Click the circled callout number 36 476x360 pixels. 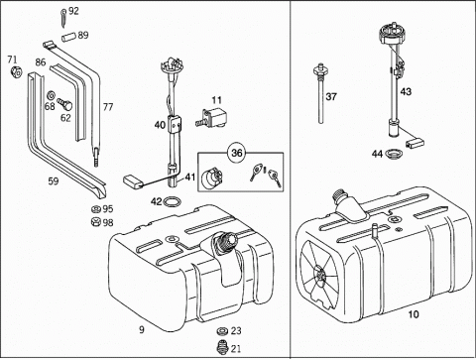coord(237,153)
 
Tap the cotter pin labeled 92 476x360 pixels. coord(63,18)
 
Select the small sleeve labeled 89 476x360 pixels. coord(68,36)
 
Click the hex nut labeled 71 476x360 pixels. coord(17,71)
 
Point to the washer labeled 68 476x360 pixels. coord(51,96)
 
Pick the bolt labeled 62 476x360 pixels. coord(65,104)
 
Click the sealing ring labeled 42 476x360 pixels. coord(172,201)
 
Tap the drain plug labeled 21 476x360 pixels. coord(222,348)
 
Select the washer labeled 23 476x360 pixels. coord(222,331)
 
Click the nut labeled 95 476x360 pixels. coord(96,209)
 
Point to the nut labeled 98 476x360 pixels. coord(96,222)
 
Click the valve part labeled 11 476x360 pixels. coord(211,118)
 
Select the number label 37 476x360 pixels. coord(331,97)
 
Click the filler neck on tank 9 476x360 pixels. coord(225,245)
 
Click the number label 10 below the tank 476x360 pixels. coord(414,314)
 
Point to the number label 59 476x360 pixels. coord(54,181)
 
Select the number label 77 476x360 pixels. coord(108,107)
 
